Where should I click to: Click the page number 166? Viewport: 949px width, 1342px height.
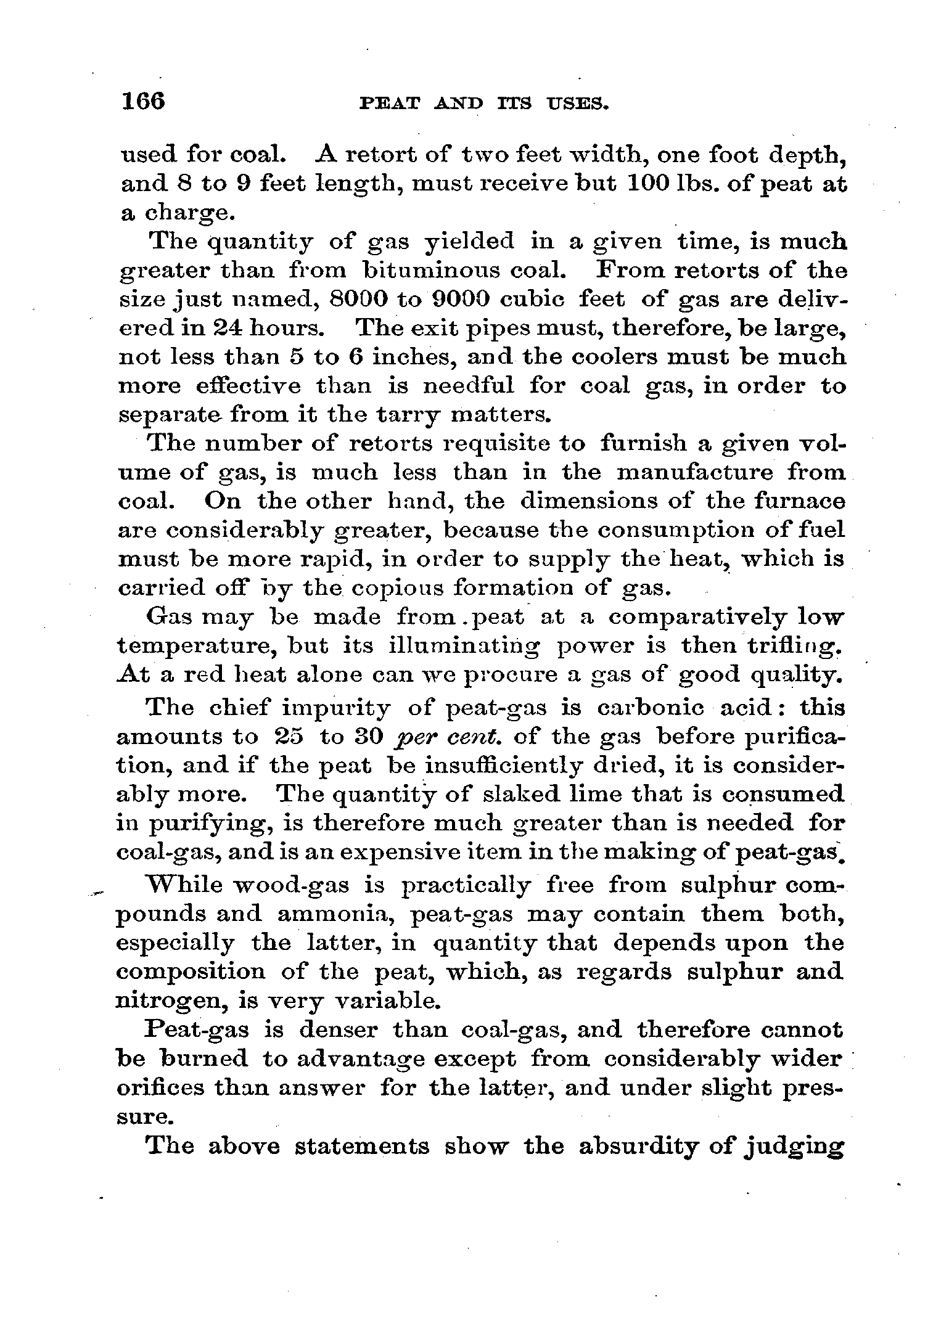[144, 101]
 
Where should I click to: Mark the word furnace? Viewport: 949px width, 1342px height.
[799, 501]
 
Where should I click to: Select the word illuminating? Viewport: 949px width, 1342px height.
[466, 646]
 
